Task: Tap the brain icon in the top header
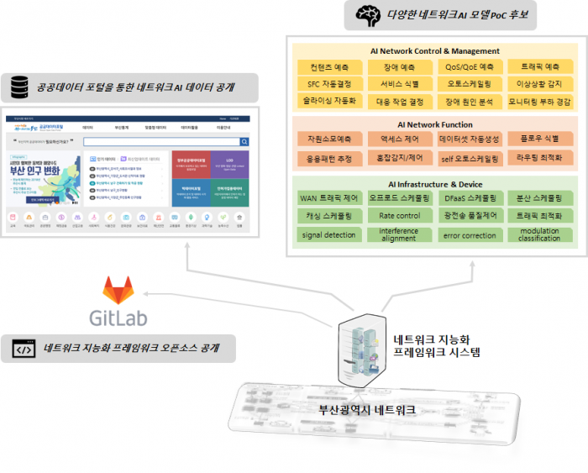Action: click(367, 13)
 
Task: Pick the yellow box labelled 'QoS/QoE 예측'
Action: click(469, 66)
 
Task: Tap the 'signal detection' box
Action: click(328, 234)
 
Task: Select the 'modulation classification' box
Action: click(539, 234)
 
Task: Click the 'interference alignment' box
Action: click(399, 234)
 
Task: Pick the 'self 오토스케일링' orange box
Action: click(469, 157)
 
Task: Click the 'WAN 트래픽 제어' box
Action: click(328, 198)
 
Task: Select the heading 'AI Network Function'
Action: click(434, 124)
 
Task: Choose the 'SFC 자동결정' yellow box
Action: click(328, 84)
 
